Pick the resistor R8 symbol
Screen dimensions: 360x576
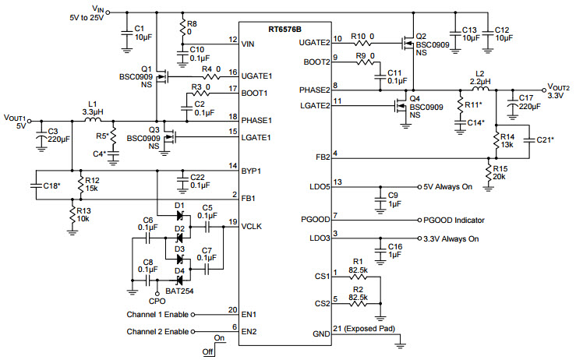(x=182, y=27)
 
